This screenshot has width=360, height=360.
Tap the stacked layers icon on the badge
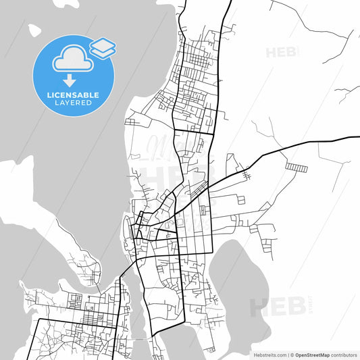[x=103, y=47]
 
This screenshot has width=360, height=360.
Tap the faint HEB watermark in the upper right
[x=282, y=52]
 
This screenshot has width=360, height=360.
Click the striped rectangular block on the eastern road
[x=296, y=166]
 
